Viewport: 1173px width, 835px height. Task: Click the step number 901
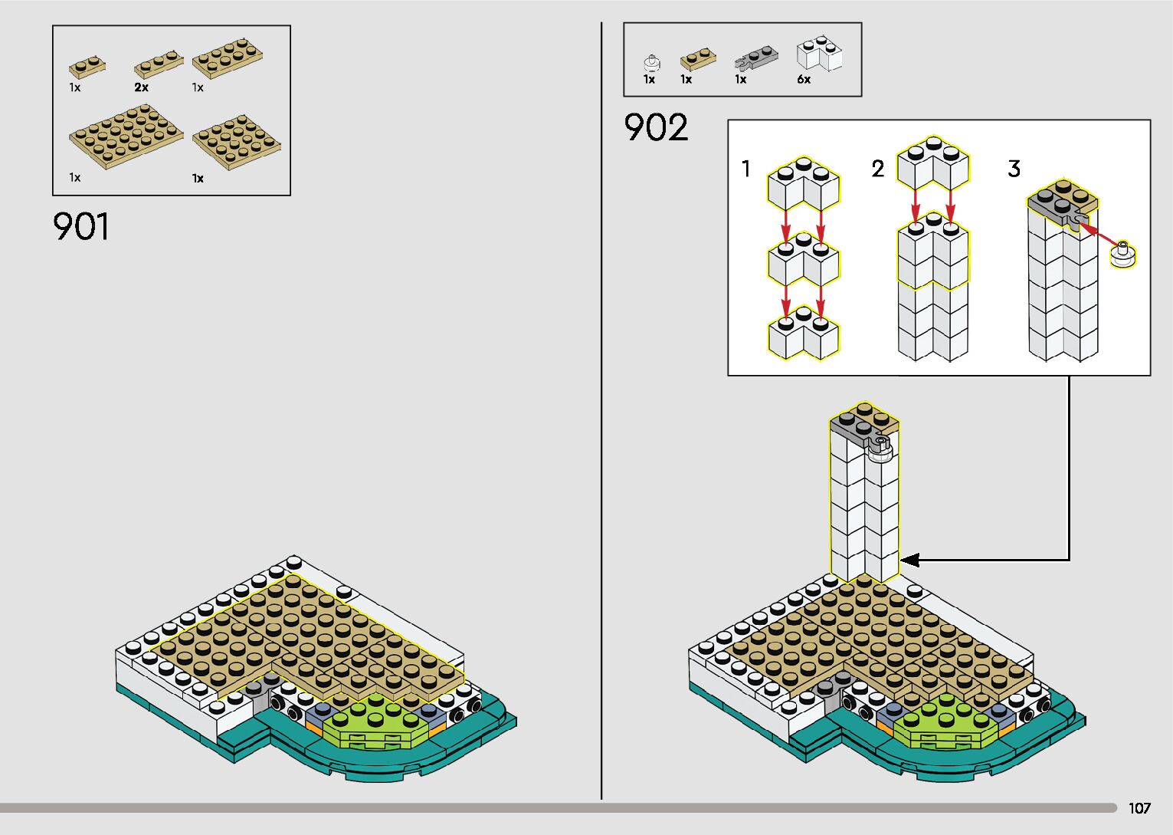click(x=81, y=227)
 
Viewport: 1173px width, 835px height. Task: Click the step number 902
click(x=656, y=128)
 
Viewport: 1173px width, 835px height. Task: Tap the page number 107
click(x=1139, y=808)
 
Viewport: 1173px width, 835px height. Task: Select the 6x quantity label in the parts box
click(x=804, y=80)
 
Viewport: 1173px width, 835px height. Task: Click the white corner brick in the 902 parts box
click(x=819, y=54)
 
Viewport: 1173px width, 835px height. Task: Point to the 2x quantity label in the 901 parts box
click(x=141, y=87)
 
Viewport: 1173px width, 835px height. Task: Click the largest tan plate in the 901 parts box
click(x=126, y=137)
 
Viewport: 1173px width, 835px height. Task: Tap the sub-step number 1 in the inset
click(x=745, y=168)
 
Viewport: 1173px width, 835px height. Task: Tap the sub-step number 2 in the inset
click(x=877, y=168)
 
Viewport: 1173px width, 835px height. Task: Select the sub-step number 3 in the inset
click(x=1014, y=168)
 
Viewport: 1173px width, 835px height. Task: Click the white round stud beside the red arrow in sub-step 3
click(x=1123, y=254)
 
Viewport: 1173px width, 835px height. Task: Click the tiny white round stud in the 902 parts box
click(x=650, y=62)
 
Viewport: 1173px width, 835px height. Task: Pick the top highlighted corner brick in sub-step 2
click(x=932, y=164)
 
